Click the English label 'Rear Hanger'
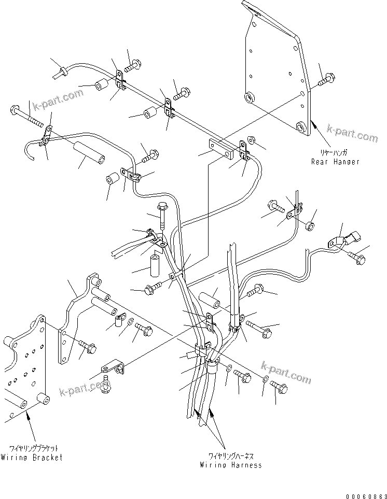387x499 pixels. point(335,162)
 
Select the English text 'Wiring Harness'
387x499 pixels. point(231,465)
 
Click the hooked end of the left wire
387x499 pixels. point(31,148)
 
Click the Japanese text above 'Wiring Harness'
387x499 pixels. point(230,456)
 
